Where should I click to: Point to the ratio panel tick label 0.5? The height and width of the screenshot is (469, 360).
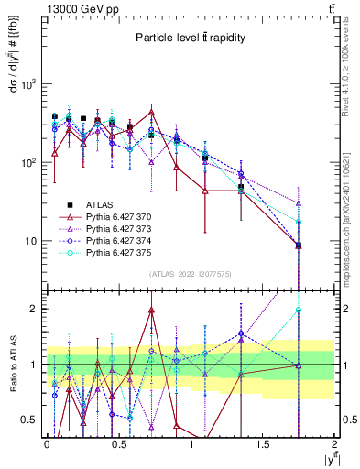29,420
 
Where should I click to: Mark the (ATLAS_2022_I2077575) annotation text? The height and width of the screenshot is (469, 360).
191,274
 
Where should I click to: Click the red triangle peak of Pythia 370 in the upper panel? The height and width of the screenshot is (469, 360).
151,113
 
